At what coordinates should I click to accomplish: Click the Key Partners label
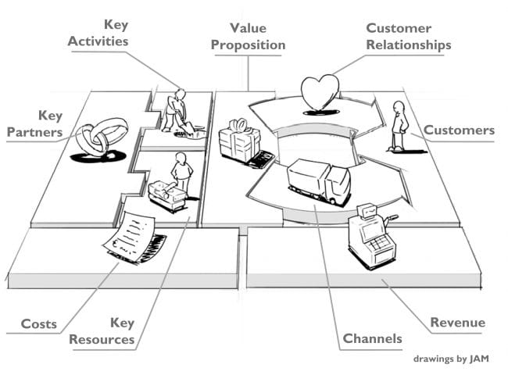[x=34, y=124]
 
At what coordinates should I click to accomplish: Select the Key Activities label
[x=98, y=33]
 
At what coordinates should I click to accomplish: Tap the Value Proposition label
[x=248, y=36]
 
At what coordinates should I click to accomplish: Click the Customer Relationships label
[x=409, y=37]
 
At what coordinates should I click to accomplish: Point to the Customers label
[x=459, y=130]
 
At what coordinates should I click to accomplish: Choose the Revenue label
[x=457, y=323]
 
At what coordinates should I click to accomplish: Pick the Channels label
[x=373, y=338]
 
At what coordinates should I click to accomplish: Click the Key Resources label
[x=102, y=331]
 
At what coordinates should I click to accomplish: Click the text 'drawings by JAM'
[x=451, y=360]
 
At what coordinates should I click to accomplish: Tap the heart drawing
[x=320, y=94]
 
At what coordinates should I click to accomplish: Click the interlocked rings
[x=102, y=137]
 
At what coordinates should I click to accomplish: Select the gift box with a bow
[x=239, y=141]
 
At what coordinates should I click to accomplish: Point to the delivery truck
[x=318, y=180]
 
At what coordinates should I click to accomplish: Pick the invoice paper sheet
[x=130, y=236]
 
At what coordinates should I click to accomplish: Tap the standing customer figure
[x=399, y=126]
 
